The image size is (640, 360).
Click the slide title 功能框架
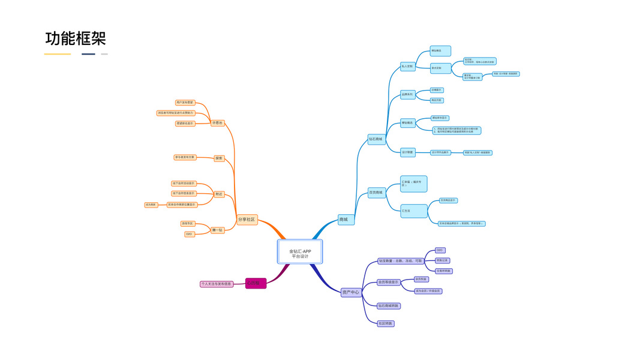76,39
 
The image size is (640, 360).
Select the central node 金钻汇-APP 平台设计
300,252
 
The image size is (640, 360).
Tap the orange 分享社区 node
247,220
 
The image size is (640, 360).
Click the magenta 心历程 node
256,283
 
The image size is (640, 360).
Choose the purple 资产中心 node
351,292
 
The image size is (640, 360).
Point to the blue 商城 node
346,220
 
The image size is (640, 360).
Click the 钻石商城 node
376,139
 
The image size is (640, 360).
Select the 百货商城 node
376,193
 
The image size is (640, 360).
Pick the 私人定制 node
407,67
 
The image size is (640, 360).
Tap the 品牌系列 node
407,95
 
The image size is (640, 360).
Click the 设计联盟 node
407,152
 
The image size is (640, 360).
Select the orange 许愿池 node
217,123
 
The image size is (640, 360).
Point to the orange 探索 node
219,158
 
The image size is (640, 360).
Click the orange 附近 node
219,194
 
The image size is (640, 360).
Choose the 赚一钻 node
218,230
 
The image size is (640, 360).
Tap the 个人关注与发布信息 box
217,284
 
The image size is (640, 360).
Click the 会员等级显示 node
389,282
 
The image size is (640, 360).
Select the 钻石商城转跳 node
389,306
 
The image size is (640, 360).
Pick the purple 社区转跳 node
386,323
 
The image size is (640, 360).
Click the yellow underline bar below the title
58,54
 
